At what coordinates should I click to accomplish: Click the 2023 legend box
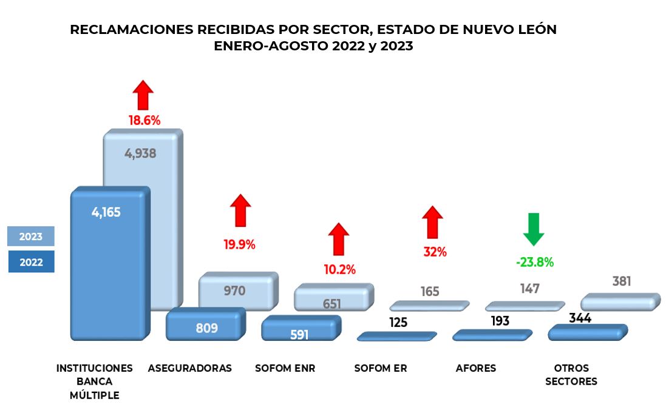click(30, 237)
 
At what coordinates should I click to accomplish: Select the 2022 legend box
click(30, 262)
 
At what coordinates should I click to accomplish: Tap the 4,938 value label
click(140, 153)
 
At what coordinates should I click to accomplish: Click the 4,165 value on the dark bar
click(106, 213)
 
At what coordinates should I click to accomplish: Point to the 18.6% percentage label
click(144, 120)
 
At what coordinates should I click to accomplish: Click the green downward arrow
click(534, 229)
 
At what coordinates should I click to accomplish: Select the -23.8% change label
click(534, 263)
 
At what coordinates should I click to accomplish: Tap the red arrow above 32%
click(433, 222)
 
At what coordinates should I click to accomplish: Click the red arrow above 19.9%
click(240, 210)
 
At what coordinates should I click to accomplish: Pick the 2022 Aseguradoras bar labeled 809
click(207, 328)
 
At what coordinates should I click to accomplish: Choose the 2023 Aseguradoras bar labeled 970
click(234, 291)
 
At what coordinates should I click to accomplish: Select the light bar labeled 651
click(331, 304)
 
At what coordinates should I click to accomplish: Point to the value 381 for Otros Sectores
click(622, 281)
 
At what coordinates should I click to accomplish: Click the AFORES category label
click(475, 368)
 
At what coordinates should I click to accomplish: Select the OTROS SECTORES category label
click(571, 375)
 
